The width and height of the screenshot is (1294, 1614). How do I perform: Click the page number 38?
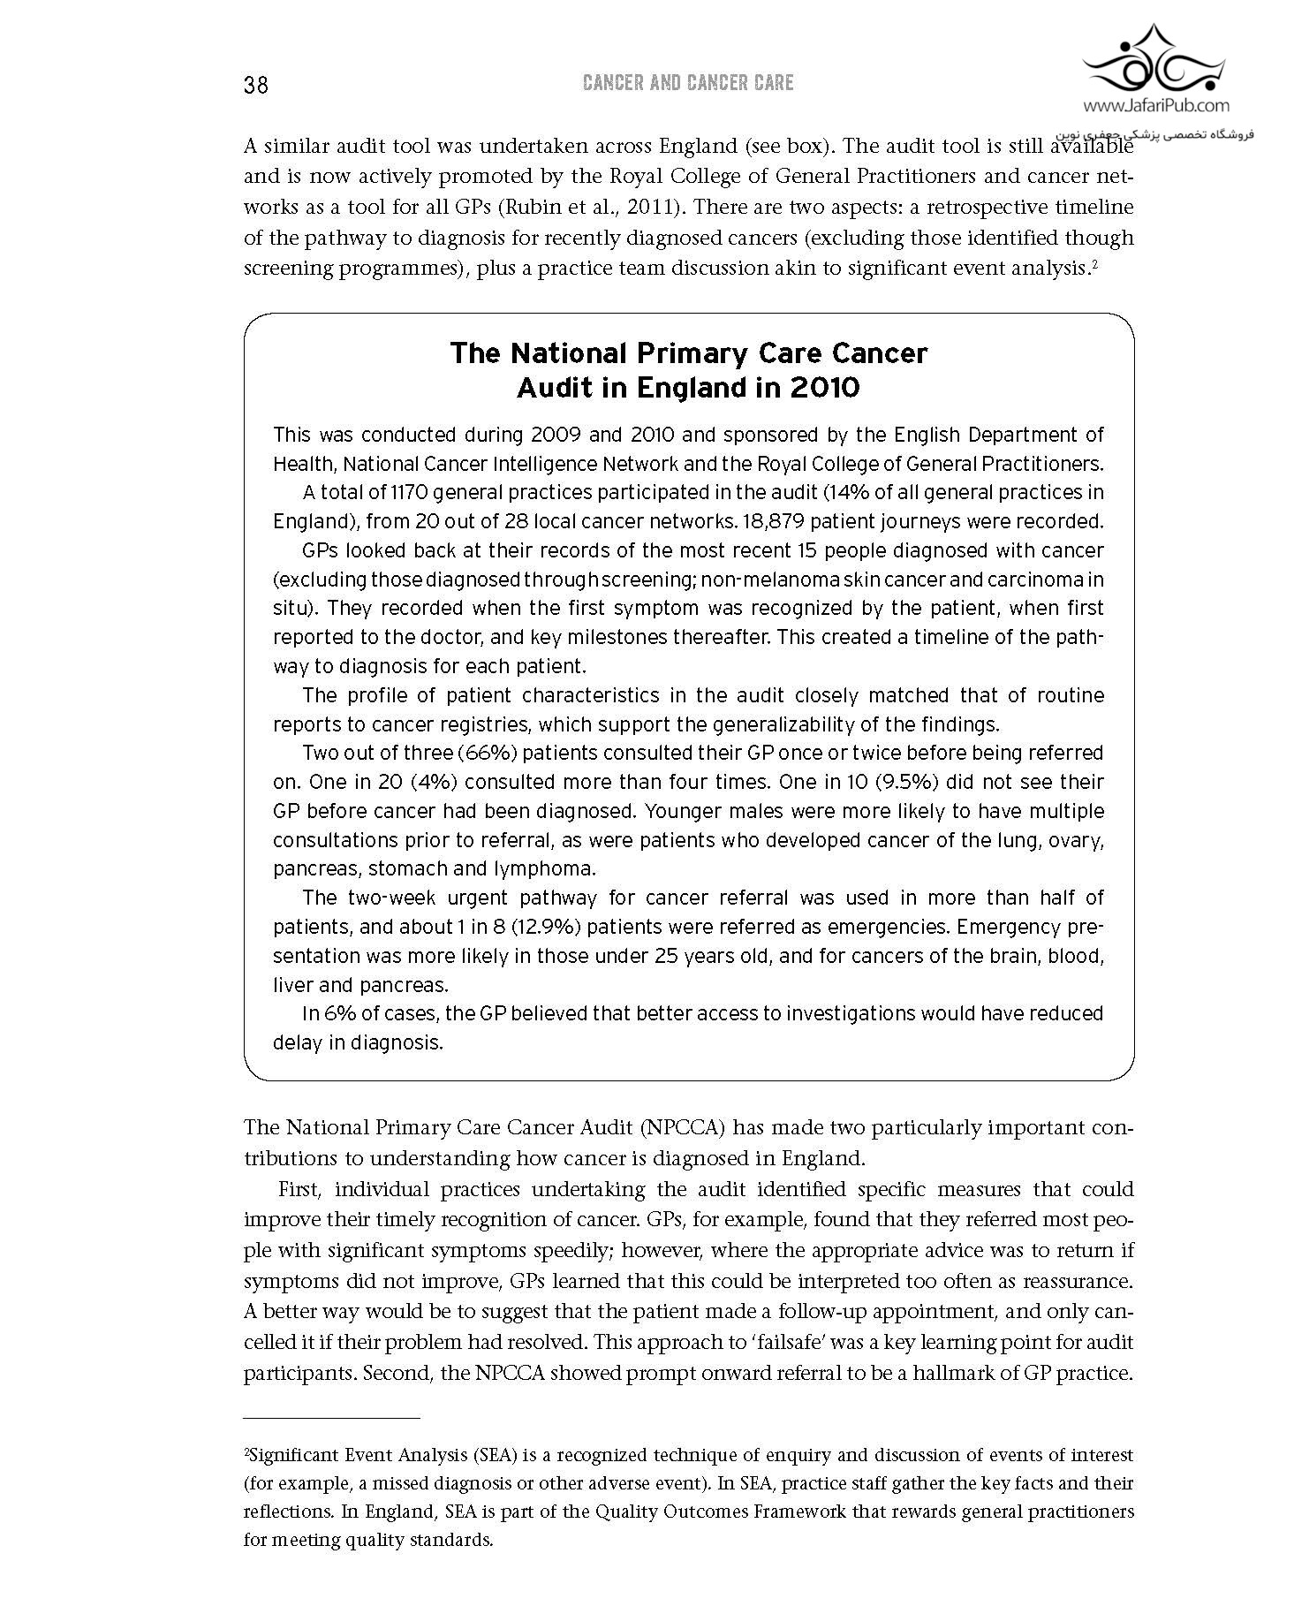click(x=256, y=85)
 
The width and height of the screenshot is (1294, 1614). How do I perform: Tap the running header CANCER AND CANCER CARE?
click(x=688, y=83)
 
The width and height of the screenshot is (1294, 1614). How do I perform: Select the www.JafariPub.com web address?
click(x=1155, y=106)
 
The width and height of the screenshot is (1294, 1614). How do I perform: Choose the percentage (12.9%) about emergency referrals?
click(x=535, y=927)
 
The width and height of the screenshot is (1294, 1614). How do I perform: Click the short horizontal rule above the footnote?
click(x=331, y=1418)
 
